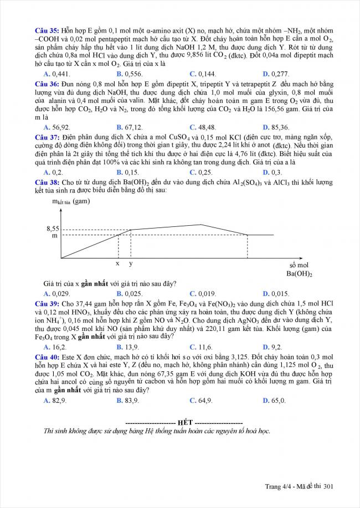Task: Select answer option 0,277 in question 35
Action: (276, 74)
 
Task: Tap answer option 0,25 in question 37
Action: (203, 172)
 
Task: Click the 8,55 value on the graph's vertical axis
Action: (52, 228)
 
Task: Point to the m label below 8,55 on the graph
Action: (54, 236)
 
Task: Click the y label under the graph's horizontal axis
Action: (131, 264)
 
